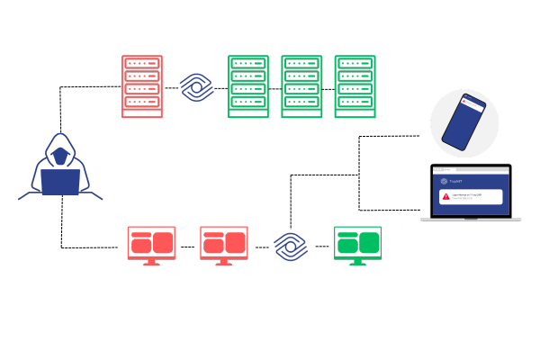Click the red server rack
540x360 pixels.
142,86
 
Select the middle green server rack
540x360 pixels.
301,86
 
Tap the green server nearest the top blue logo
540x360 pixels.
247,86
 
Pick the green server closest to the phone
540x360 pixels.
355,86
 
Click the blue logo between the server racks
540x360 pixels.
195,87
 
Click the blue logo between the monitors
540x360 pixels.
290,246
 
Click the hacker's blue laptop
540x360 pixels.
60,182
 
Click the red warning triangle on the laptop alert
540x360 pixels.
445,195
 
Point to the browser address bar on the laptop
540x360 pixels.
471,169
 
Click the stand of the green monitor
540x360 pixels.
357,262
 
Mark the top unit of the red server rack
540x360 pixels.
142,64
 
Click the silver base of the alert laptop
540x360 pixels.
471,219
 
